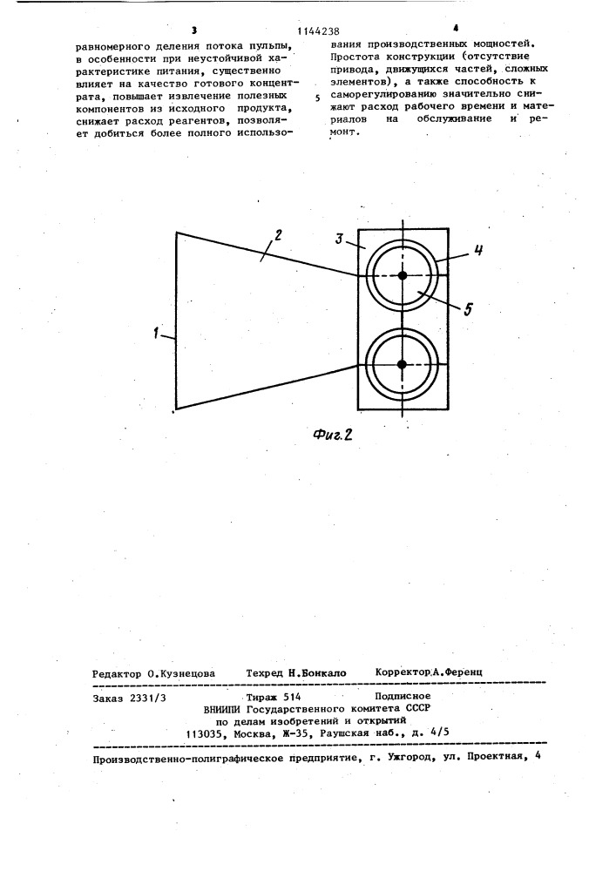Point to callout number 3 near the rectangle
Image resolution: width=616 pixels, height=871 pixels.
click(338, 239)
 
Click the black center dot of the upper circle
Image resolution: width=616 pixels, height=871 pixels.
click(403, 276)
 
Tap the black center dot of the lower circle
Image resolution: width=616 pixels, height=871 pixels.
click(403, 364)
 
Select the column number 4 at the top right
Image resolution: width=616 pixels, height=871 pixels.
click(456, 30)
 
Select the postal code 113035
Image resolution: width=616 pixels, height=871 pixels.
click(207, 733)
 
